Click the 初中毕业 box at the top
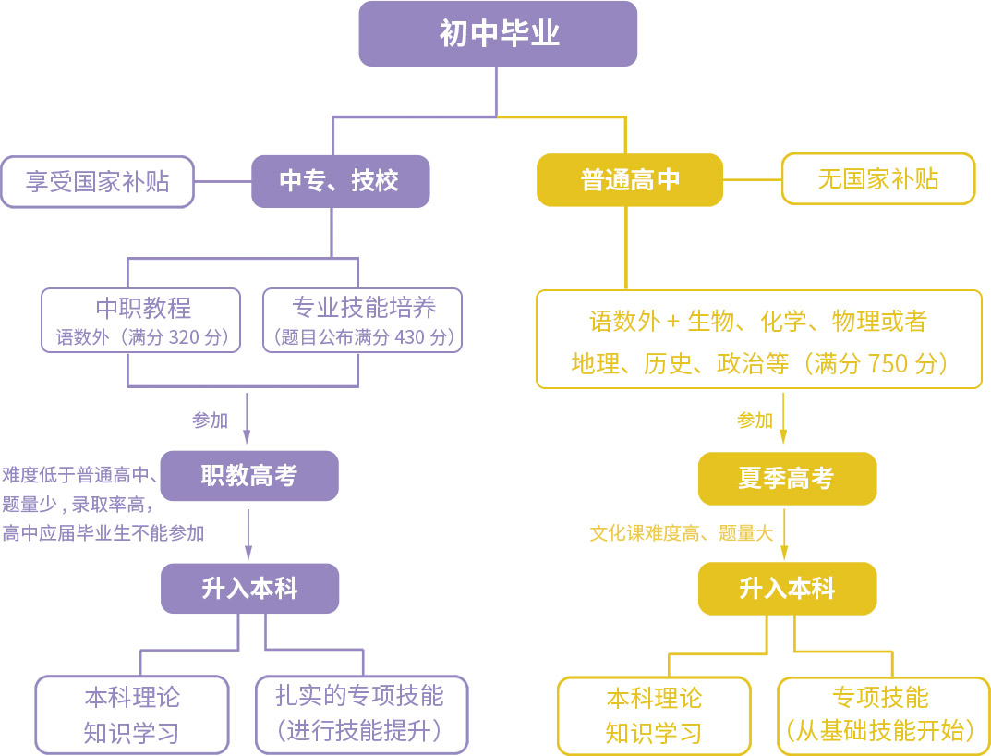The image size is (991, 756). [498, 34]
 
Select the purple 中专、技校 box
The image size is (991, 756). [340, 181]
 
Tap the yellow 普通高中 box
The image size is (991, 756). [629, 180]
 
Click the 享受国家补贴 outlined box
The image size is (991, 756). [97, 181]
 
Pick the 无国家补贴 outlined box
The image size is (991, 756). [877, 179]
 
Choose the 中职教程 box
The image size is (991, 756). [141, 320]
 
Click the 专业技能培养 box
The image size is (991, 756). [363, 320]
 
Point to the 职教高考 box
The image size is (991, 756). [249, 476]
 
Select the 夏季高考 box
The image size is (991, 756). [786, 478]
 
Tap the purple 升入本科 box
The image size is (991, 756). [249, 589]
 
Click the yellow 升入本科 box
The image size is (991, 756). [786, 589]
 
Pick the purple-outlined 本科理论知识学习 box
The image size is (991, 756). [131, 714]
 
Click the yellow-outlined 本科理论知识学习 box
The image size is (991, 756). [654, 715]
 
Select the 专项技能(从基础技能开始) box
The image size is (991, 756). [879, 714]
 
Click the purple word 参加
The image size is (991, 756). [210, 421]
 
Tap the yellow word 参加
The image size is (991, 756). [755, 421]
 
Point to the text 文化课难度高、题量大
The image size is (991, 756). [681, 533]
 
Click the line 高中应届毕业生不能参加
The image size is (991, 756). [103, 533]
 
